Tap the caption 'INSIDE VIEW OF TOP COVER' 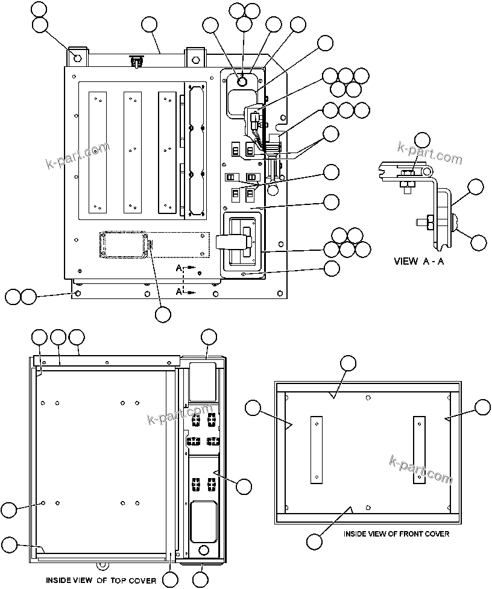tap(101, 581)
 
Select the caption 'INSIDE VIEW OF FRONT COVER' tap(396, 534)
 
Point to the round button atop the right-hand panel tap(242, 81)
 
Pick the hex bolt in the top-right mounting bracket tap(194, 58)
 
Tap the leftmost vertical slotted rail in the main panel tap(96, 152)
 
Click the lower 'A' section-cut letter tap(180, 291)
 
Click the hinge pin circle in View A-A tap(428, 173)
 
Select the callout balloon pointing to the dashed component tap(163, 314)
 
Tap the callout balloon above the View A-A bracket tap(423, 140)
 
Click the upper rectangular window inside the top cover tap(202, 381)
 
